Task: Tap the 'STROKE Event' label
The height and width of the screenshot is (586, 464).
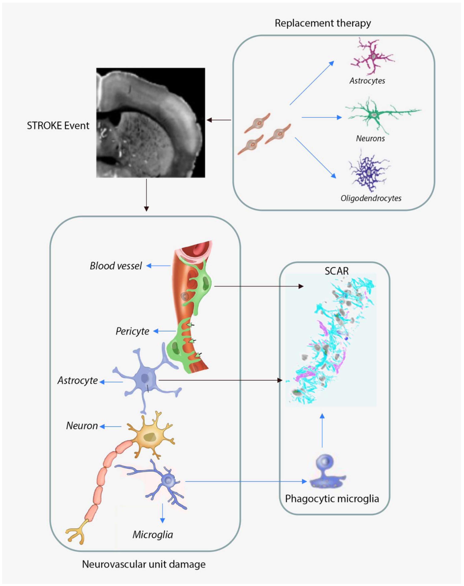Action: coord(58,126)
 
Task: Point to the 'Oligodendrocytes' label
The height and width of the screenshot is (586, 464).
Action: coord(371,198)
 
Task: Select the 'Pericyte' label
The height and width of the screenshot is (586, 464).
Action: coord(132,331)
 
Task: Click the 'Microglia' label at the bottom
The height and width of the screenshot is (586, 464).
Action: coord(153,535)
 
